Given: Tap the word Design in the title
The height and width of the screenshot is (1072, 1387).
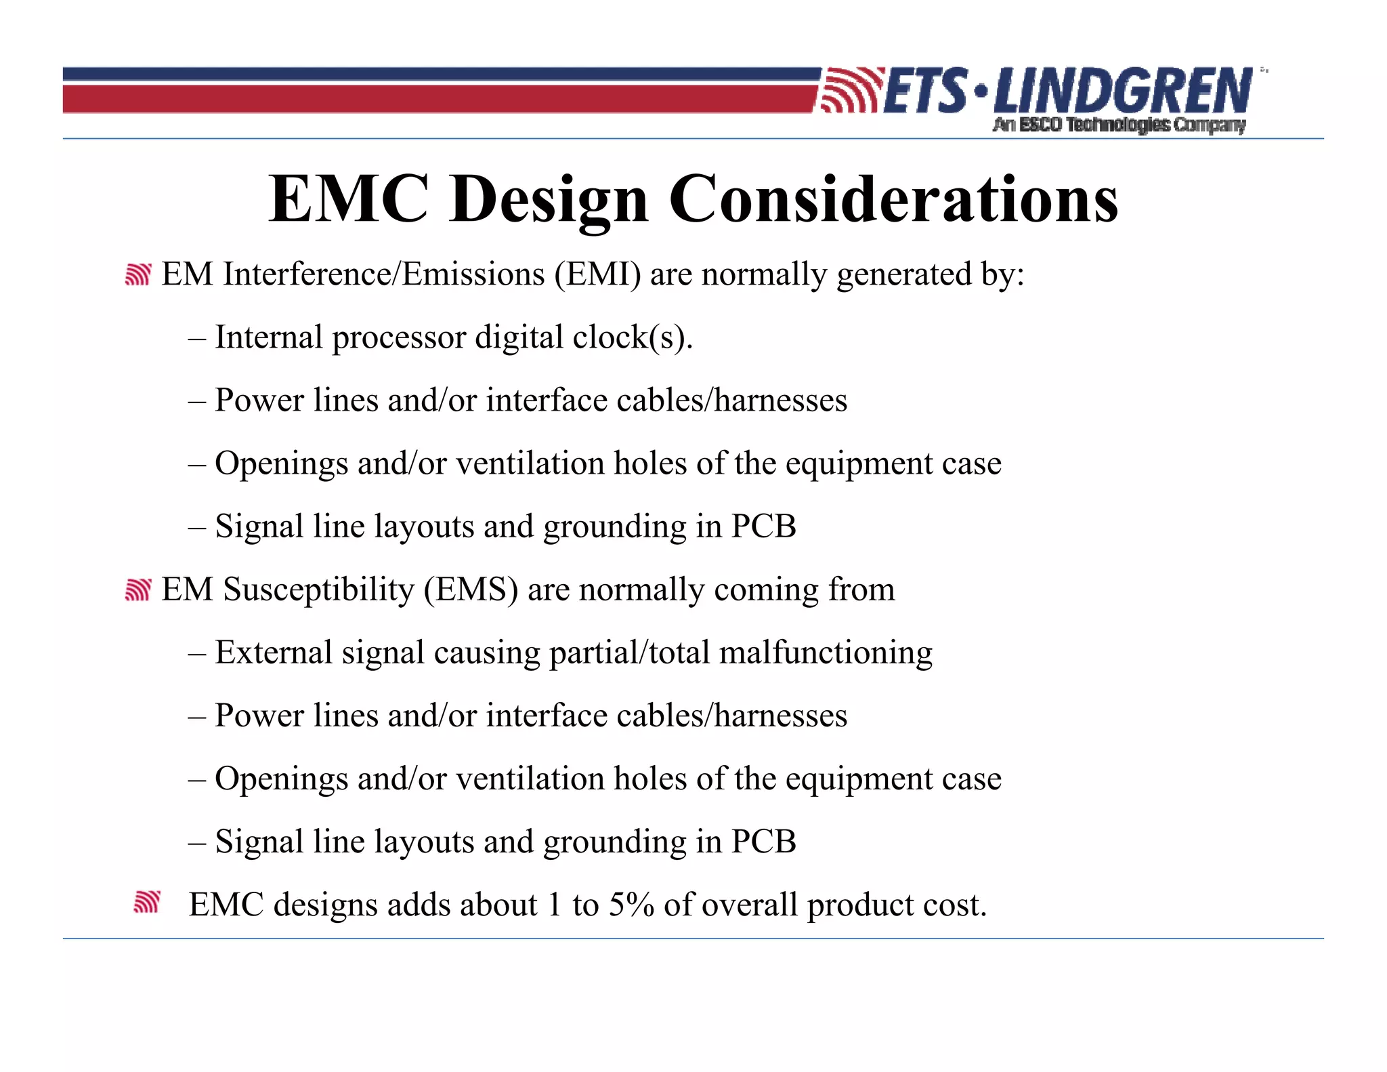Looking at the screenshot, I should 549,200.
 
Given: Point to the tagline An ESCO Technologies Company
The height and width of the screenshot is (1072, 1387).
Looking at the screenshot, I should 1119,125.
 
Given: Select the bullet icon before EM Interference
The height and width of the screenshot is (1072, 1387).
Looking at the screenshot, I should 137,274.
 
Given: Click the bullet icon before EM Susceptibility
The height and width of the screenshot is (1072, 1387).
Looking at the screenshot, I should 137,590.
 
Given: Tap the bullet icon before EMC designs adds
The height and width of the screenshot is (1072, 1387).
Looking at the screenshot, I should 146,902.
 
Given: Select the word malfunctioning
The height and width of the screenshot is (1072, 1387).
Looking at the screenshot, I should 826,653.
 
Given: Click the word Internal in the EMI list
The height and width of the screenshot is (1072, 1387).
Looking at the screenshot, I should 268,337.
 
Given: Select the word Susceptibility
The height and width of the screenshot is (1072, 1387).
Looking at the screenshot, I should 318,590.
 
